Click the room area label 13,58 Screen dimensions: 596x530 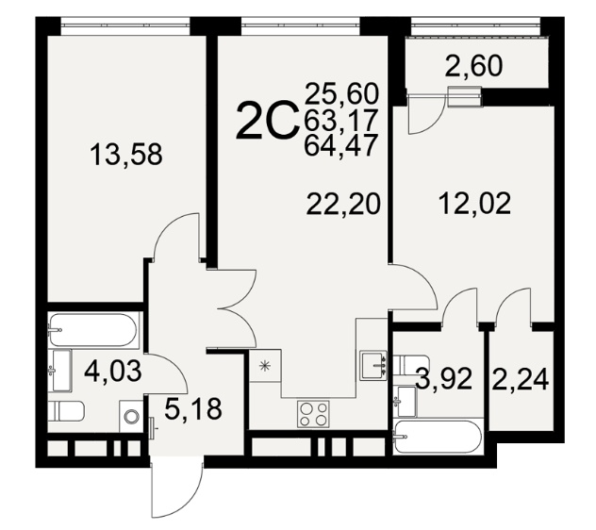coord(126,154)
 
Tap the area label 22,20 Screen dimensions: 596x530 coord(343,204)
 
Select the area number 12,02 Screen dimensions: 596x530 coord(474,204)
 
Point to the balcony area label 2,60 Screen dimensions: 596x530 coord(474,66)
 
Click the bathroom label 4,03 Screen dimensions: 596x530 coord(113,371)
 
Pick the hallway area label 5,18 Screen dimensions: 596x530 coord(193,408)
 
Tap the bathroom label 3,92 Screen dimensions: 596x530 coord(444,378)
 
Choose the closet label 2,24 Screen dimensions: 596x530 coord(520,379)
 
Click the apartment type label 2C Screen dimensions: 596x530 coord(266,120)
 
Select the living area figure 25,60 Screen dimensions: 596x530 coord(341,94)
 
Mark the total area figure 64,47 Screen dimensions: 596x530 coord(340,144)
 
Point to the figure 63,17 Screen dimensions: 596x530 coord(340,120)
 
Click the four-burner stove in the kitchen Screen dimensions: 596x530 coord(313,414)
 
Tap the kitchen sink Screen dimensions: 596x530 coord(373,365)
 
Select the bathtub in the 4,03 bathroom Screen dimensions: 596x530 coord(92,330)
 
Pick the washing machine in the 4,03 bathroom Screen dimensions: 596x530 coord(131,416)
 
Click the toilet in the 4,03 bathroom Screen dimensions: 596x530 coord(66,411)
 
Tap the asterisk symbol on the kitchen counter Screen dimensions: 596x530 coord(265,366)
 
